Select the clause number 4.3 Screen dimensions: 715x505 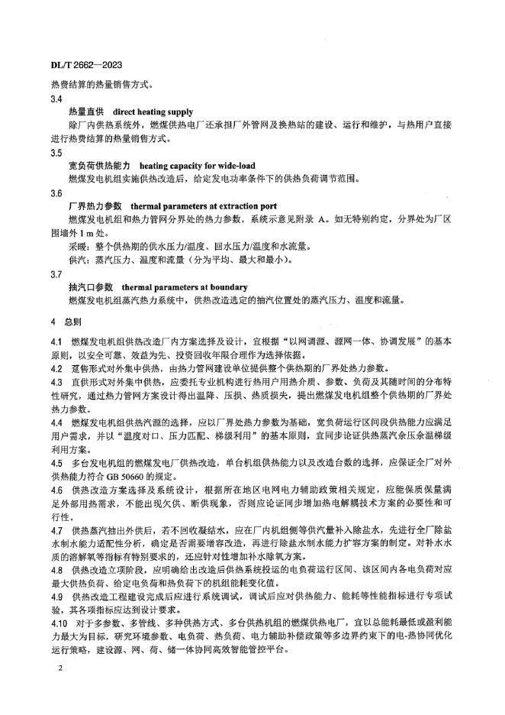(x=56, y=381)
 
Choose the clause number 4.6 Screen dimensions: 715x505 (x=56, y=489)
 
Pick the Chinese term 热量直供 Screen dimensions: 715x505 (x=85, y=112)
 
